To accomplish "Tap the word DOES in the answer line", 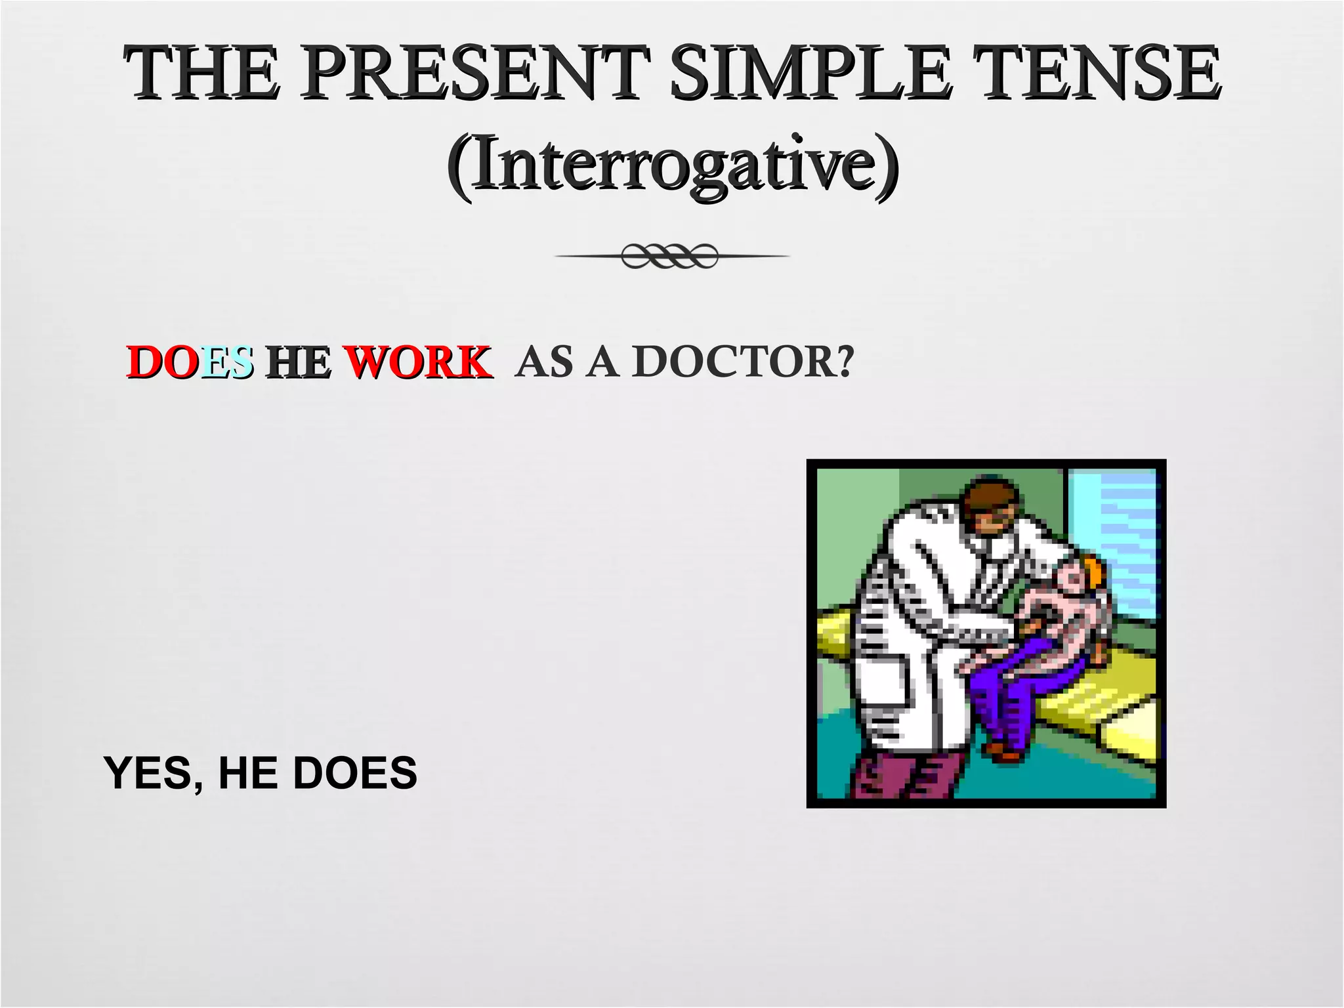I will coord(354,773).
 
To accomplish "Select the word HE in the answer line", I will coord(249,773).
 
